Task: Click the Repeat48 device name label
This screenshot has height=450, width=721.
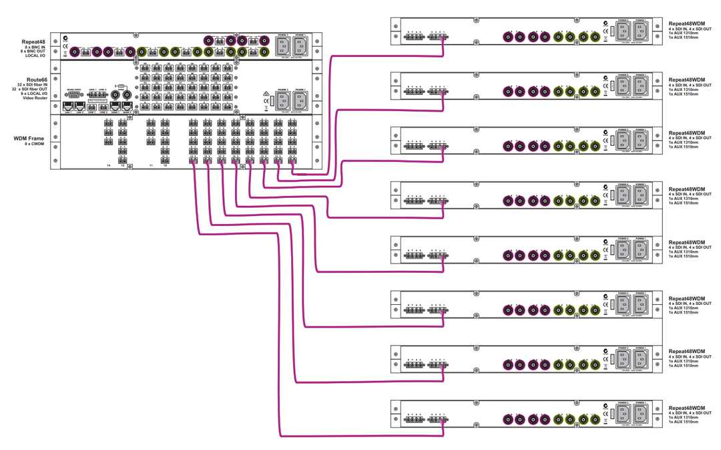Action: pos(33,41)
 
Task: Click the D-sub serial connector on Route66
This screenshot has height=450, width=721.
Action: pos(74,94)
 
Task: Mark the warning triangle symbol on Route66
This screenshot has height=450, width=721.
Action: pos(265,93)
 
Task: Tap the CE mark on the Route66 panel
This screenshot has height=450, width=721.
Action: pos(266,101)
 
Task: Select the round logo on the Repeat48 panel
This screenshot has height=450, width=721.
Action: pos(65,38)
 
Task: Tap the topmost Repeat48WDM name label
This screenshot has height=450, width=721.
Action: pos(687,23)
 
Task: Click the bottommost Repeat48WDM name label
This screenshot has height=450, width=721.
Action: pos(687,407)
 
